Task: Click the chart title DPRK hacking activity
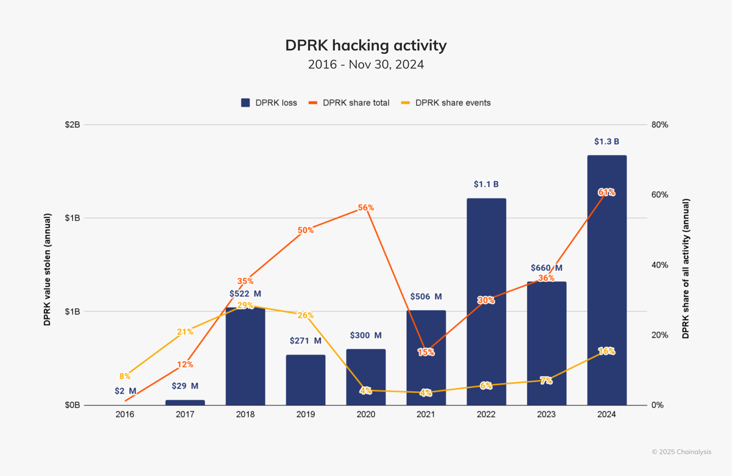[x=366, y=46]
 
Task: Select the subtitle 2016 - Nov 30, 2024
[x=366, y=65]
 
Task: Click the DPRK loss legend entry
[x=269, y=103]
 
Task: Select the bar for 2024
[x=607, y=280]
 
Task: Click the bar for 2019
[x=306, y=380]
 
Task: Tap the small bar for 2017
[x=185, y=402]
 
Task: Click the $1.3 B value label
[x=607, y=142]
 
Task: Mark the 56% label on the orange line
[x=366, y=207]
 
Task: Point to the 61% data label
[x=606, y=192]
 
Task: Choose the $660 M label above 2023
[x=547, y=268]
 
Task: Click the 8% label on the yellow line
[x=125, y=377]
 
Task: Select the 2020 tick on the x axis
[x=366, y=414]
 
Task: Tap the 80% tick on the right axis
[x=660, y=124]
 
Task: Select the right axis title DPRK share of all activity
[x=686, y=269]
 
